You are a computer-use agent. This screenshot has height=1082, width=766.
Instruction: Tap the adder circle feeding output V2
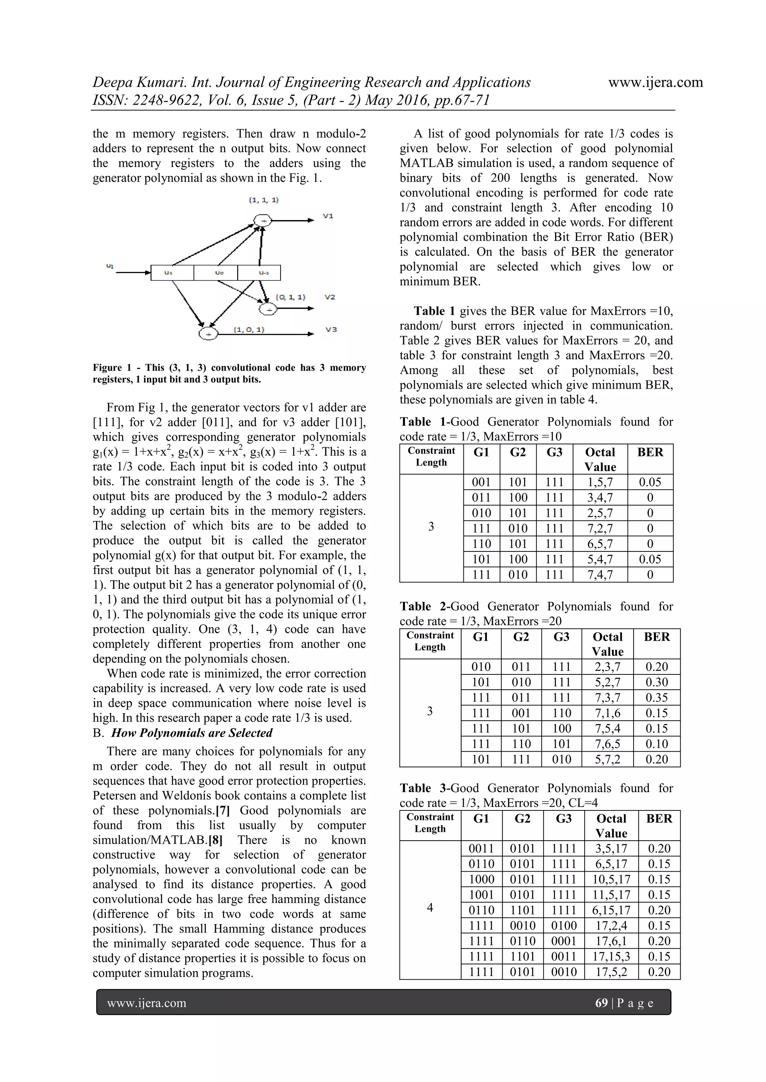click(x=269, y=309)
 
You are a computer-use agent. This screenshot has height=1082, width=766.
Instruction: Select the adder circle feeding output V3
click(x=208, y=334)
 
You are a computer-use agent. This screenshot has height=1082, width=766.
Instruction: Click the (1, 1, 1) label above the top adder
click(x=264, y=200)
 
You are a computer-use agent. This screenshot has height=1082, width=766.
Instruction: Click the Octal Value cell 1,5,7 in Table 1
click(x=600, y=482)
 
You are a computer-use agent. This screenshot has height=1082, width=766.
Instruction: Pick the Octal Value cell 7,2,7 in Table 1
click(x=600, y=528)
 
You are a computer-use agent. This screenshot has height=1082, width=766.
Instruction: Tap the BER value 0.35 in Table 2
click(x=656, y=698)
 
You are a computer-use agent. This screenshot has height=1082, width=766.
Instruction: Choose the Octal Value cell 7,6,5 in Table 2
click(x=607, y=744)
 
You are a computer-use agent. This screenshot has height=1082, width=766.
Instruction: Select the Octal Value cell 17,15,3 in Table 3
click(x=611, y=956)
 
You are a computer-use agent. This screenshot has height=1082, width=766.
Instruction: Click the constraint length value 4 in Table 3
click(x=430, y=908)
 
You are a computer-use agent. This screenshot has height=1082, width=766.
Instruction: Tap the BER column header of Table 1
click(x=650, y=452)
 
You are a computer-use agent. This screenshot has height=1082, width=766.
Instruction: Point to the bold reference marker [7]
click(x=223, y=810)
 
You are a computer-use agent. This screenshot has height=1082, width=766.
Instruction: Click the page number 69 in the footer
click(x=601, y=1003)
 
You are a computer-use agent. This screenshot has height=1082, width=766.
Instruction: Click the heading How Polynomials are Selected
click(x=191, y=733)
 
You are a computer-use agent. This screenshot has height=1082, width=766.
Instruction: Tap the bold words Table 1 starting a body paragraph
click(x=434, y=311)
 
